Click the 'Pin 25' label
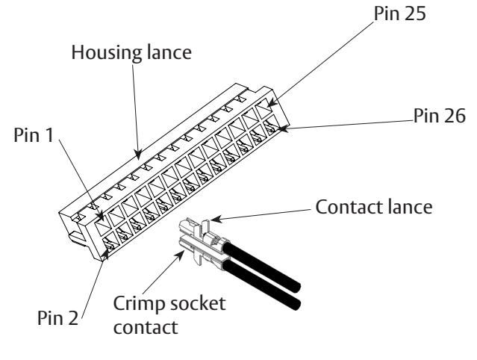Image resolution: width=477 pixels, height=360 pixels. click(399, 13)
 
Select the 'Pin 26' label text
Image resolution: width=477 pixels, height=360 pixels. click(439, 116)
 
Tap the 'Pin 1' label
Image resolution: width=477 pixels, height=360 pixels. click(34, 134)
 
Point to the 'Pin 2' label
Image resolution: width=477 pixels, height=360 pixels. click(57, 318)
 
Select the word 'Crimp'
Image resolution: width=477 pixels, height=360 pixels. click(140, 304)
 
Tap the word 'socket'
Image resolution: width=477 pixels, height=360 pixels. click(198, 304)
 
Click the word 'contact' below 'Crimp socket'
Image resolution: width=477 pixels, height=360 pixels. click(146, 327)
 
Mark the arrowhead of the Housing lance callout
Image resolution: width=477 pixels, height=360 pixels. click(138, 155)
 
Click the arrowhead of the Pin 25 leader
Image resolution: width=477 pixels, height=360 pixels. click(272, 102)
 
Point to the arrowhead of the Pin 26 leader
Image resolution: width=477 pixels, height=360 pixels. click(283, 128)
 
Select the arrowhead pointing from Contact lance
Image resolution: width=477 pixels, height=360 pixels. click(216, 219)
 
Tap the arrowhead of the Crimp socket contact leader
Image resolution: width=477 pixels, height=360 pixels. click(180, 255)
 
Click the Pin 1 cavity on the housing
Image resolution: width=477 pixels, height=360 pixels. click(102, 226)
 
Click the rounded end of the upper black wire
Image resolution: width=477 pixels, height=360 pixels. click(296, 287)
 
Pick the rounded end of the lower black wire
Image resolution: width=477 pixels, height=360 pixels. click(296, 304)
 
